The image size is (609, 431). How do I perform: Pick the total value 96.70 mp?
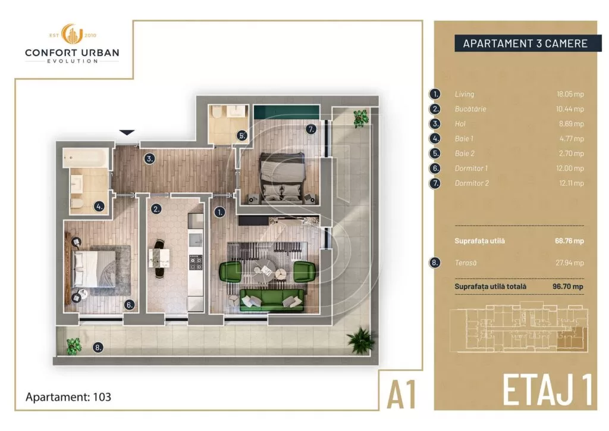pos(568,286)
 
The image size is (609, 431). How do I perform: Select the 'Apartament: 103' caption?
pos(68,396)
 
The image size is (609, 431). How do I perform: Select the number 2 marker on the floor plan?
pos(156,209)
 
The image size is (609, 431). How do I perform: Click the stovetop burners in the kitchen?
pos(196,262)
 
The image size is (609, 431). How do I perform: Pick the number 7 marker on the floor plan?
pos(310,129)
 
